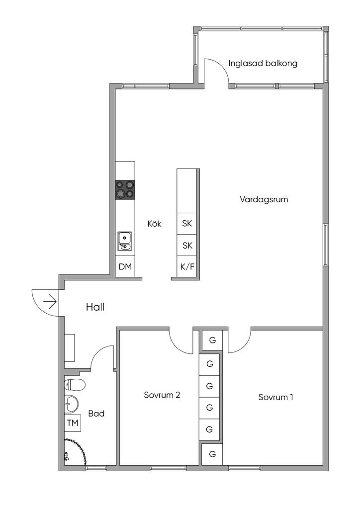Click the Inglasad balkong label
(x=263, y=63)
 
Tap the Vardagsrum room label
(x=264, y=199)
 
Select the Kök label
(x=154, y=224)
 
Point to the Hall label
(x=95, y=307)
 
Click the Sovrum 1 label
(x=275, y=397)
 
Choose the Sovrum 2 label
(x=162, y=395)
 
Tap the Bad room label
(x=96, y=414)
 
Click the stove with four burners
(x=125, y=189)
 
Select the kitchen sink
(x=124, y=241)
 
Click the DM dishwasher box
(x=125, y=266)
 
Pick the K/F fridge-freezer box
(x=187, y=267)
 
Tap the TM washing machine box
(x=73, y=423)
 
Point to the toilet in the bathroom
(x=75, y=385)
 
